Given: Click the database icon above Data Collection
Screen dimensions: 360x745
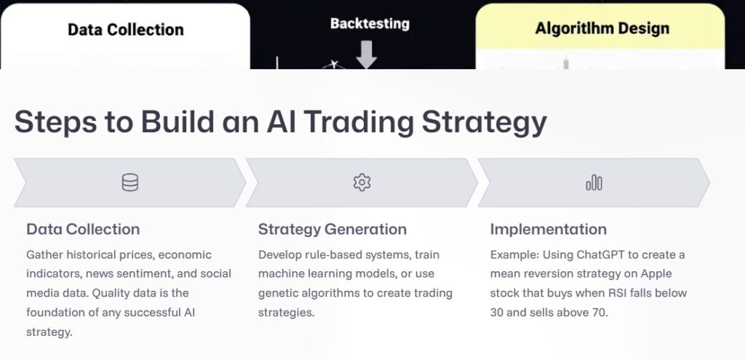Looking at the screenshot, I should click(x=130, y=183).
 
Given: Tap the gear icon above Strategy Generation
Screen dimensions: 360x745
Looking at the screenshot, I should click(x=362, y=183).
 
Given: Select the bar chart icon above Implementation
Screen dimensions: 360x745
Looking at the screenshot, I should click(x=594, y=183).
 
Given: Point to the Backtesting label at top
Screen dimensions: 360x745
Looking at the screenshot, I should click(x=370, y=23).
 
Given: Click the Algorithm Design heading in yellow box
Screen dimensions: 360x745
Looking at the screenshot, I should click(x=602, y=29).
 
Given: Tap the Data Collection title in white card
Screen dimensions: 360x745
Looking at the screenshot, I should click(x=126, y=30).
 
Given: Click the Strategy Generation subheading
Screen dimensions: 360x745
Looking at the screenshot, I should click(x=332, y=229).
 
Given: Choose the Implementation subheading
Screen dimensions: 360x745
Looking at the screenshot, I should click(x=548, y=229).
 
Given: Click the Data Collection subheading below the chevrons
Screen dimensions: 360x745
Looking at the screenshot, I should click(x=83, y=229).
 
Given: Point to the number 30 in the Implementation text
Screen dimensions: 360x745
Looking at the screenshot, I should click(x=498, y=312).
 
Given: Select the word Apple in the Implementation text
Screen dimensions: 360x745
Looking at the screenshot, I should click(x=655, y=274).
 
